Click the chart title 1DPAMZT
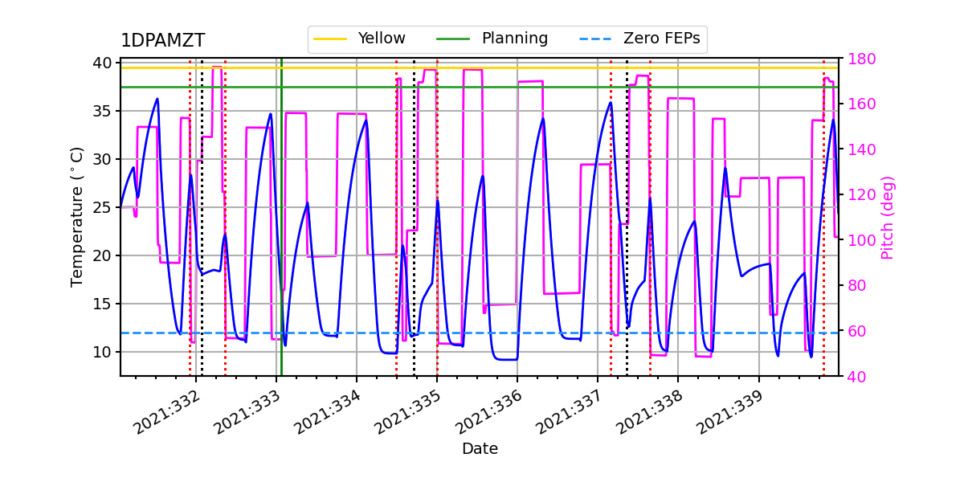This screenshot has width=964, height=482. pyautogui.click(x=162, y=41)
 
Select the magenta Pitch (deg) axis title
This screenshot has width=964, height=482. pyautogui.click(x=888, y=217)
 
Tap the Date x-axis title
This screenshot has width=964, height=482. pyautogui.click(x=480, y=449)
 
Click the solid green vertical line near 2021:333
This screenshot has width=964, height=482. pyautogui.click(x=281, y=241)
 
